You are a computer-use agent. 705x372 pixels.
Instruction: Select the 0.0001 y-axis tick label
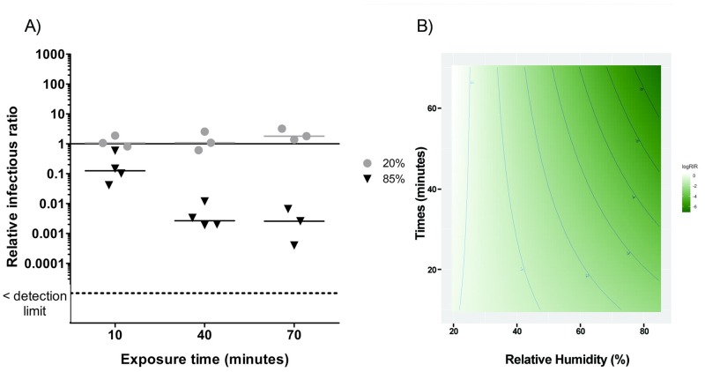44,264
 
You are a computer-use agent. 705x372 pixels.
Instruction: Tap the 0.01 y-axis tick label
49,204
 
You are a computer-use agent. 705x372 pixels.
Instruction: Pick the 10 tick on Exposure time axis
117,336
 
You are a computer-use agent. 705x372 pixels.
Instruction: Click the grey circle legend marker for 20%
368,164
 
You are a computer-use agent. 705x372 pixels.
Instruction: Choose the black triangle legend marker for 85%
368,179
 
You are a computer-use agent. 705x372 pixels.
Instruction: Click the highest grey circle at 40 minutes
205,132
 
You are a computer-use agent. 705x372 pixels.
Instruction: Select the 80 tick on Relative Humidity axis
645,330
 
